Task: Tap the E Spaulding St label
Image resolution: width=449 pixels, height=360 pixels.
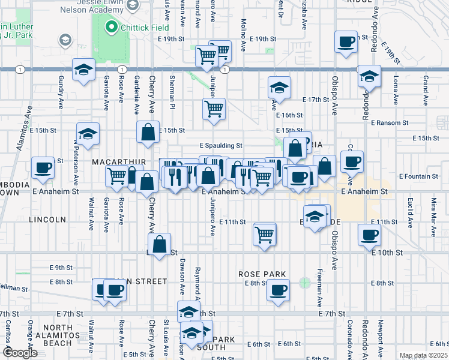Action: pos(221,145)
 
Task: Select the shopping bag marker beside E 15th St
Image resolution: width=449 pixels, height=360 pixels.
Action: pos(148,132)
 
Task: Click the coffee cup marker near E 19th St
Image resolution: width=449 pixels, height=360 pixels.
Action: pos(346,42)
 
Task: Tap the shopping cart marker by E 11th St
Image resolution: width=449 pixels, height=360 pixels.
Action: pos(265,233)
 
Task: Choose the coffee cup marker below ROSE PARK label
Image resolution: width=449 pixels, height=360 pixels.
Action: pos(277,290)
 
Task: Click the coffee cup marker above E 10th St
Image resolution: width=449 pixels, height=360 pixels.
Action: pos(369,234)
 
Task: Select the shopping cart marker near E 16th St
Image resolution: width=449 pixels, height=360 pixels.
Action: pos(214,109)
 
